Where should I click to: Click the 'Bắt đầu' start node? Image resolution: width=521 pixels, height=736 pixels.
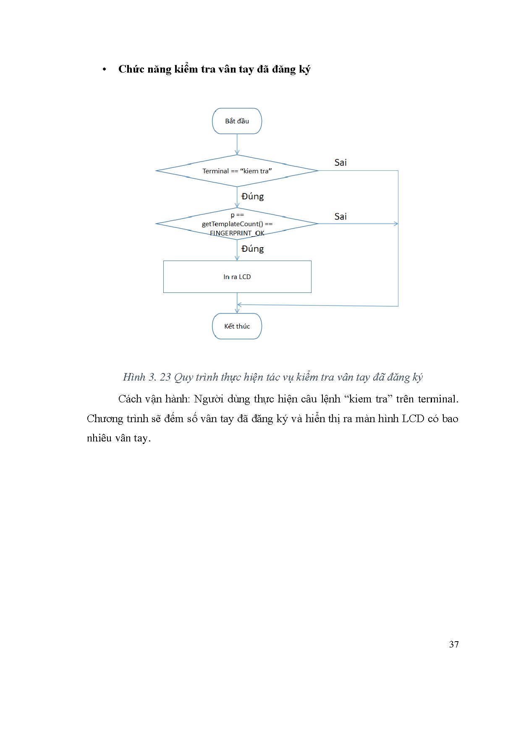click(x=237, y=121)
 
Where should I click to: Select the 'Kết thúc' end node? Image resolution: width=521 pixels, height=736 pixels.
click(x=237, y=326)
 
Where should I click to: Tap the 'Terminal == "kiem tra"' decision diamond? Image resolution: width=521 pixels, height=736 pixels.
click(x=237, y=171)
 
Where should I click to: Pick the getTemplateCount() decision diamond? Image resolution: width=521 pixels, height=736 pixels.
click(x=237, y=224)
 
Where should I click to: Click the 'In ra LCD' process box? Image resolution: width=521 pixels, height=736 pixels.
click(x=237, y=277)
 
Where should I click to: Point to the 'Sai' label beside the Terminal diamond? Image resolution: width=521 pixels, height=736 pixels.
click(x=340, y=163)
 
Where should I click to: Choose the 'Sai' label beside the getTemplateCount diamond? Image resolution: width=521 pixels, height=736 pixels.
click(x=340, y=217)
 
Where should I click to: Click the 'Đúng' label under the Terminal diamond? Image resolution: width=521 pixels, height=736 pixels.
click(x=252, y=196)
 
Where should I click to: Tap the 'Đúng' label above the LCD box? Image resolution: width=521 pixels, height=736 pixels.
click(x=252, y=249)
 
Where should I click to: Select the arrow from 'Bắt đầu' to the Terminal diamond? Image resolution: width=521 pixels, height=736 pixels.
click(x=237, y=144)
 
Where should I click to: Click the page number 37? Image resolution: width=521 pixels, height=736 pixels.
click(x=454, y=645)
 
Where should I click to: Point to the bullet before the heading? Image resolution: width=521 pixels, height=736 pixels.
click(x=104, y=70)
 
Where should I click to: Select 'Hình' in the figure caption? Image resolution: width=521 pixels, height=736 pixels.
click(x=134, y=377)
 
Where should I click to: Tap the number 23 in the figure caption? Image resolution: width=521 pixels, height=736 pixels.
click(x=165, y=377)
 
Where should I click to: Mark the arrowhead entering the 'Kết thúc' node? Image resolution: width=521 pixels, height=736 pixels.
click(x=237, y=311)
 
